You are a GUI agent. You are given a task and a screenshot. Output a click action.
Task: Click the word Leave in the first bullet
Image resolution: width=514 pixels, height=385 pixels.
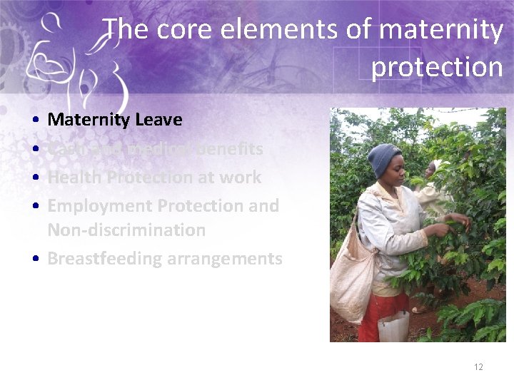(x=158, y=120)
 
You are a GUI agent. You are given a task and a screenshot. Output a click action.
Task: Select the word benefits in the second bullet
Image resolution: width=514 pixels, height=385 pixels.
(x=229, y=149)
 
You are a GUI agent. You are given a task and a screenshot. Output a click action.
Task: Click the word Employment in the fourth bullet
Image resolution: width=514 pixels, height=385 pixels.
(x=99, y=206)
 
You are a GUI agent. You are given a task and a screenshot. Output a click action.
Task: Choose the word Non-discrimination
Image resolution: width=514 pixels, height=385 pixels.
(x=126, y=230)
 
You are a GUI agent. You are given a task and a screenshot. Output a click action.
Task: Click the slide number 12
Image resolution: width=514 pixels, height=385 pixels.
(x=478, y=367)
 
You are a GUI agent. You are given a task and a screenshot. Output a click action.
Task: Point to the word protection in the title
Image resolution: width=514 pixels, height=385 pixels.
(x=437, y=67)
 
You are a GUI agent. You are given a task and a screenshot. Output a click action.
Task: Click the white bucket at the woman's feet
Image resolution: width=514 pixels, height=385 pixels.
(x=393, y=327)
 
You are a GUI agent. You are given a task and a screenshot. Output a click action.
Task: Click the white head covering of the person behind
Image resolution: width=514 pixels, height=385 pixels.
(x=433, y=168)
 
